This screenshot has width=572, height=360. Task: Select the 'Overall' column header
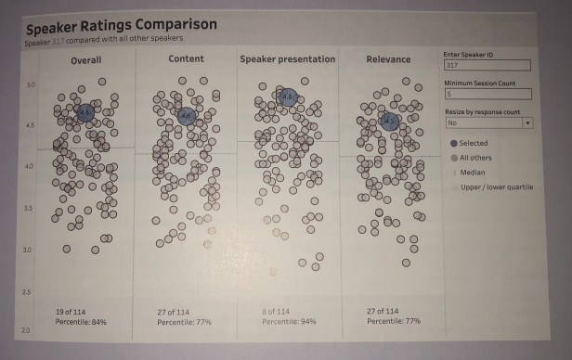(x=85, y=61)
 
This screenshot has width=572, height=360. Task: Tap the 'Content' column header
(x=187, y=59)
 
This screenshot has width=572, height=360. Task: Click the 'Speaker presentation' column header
(x=287, y=60)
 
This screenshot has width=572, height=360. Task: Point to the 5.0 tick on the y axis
(x=30, y=85)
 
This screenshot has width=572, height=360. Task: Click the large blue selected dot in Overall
(x=85, y=113)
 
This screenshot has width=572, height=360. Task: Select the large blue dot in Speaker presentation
(x=288, y=96)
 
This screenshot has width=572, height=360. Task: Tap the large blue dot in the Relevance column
(x=389, y=121)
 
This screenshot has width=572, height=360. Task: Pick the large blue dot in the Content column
(x=186, y=116)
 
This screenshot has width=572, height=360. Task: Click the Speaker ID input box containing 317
(x=487, y=66)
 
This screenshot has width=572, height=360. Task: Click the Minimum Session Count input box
(x=487, y=94)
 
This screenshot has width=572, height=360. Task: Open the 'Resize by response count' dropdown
(x=487, y=122)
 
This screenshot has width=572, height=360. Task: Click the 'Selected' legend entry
(x=473, y=144)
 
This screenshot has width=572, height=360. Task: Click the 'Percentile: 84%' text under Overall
(x=81, y=322)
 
